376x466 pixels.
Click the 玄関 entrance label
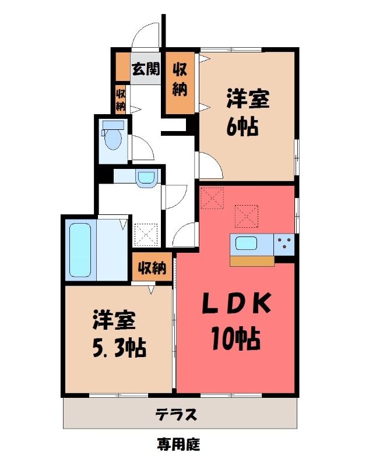pos(146,69)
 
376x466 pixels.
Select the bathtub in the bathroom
pos(80,250)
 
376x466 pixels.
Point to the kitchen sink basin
pos(247,243)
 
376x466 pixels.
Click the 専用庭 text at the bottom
pos(179,444)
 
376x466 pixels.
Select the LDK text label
pos(237,303)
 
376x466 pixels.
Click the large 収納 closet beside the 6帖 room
pos(180,83)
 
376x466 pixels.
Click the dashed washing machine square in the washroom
pos(146,235)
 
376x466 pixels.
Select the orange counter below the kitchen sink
pos(252,261)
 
